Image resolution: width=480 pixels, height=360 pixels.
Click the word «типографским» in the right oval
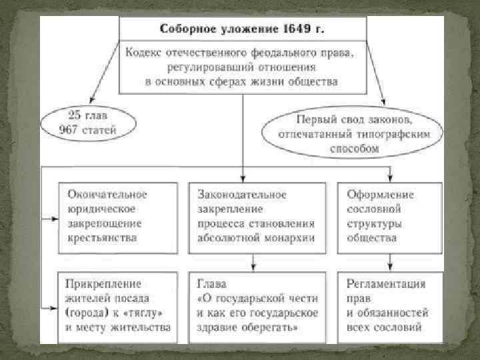(x=399, y=135)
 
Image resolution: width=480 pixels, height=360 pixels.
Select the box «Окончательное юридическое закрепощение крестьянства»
(x=115, y=216)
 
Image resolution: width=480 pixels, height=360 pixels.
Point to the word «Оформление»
(x=380, y=195)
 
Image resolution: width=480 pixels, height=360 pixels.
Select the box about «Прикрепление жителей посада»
(x=115, y=305)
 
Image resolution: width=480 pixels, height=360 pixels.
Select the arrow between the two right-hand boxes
(x=389, y=261)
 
